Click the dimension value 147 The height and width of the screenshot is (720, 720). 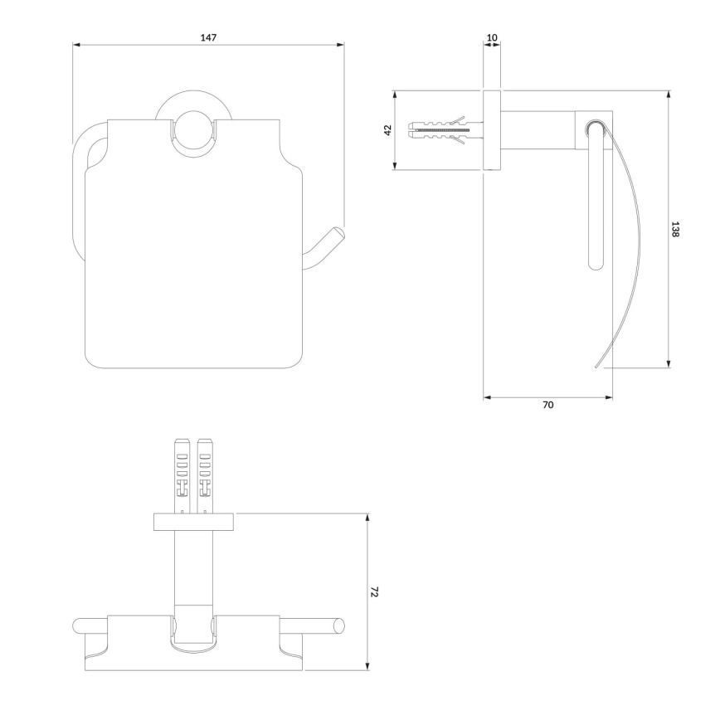coord(208,38)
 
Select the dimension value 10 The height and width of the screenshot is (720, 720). coord(493,38)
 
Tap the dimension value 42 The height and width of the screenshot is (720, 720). coord(387,130)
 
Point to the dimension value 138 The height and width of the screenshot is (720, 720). coord(676,230)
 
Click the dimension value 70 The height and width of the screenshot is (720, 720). coord(547,405)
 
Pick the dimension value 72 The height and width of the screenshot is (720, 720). coord(375,591)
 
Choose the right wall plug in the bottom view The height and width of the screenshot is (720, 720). coord(204,474)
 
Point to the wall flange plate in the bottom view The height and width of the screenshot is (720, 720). coord(193,522)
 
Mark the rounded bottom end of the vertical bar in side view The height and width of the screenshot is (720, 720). coord(594,265)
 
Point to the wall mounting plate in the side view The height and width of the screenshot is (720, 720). coord(492,130)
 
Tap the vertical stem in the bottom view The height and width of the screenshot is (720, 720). coord(193,572)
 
